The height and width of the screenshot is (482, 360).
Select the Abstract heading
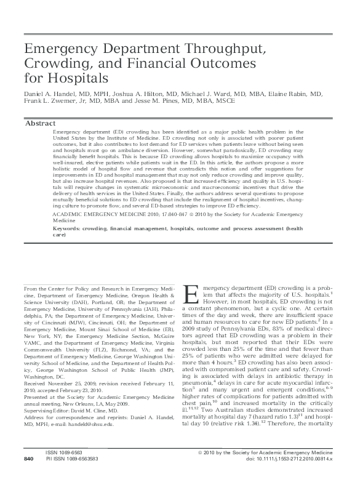[40, 123]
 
